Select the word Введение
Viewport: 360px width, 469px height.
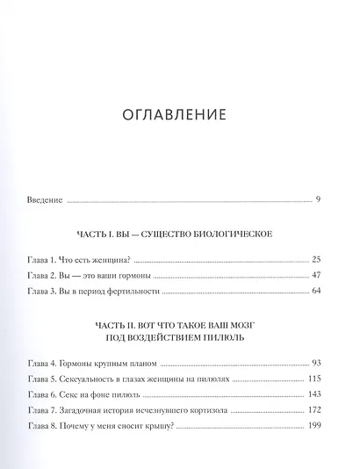click(x=45, y=200)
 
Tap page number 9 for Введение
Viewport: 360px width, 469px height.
click(x=318, y=200)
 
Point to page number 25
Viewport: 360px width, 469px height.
click(x=315, y=261)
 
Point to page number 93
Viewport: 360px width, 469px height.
click(x=315, y=363)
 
